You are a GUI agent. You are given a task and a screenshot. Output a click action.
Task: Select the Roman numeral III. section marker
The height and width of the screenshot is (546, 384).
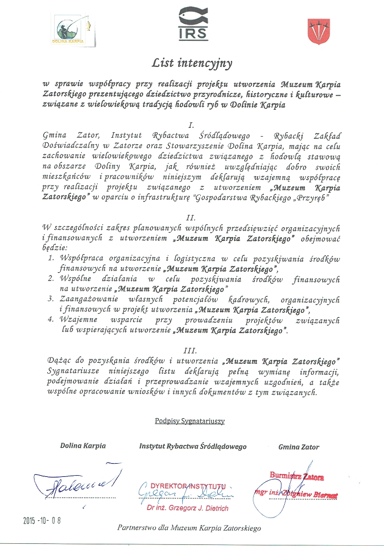pyautogui.click(x=191, y=350)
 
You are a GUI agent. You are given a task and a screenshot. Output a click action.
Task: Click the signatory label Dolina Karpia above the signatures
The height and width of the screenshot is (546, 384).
pyautogui.click(x=83, y=446)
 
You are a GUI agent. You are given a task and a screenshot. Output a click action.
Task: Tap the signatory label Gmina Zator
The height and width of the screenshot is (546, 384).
pyautogui.click(x=298, y=447)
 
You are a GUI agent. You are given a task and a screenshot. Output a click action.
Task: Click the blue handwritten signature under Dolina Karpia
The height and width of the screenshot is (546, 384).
pyautogui.click(x=76, y=481)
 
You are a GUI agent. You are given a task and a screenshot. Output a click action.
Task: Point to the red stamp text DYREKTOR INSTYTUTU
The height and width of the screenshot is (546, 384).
pyautogui.click(x=189, y=486)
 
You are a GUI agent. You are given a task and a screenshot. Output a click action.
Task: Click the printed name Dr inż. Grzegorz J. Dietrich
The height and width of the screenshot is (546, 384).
pyautogui.click(x=188, y=508)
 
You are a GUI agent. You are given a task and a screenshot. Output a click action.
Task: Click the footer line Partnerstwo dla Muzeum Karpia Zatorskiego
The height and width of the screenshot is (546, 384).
pyautogui.click(x=189, y=528)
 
